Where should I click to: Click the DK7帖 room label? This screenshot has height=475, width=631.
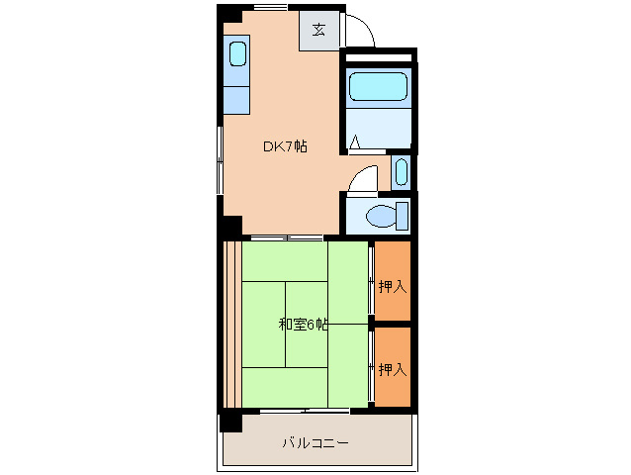pos(284,146)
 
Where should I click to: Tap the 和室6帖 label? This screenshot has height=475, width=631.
pos(302,325)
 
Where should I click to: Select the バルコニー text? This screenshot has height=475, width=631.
pos(315,442)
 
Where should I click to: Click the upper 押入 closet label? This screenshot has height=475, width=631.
pos(392,287)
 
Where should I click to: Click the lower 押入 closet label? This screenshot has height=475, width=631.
pos(392,369)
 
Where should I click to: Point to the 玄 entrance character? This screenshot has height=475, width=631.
pos(318,29)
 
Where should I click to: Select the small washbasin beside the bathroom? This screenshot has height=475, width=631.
pos(400,172)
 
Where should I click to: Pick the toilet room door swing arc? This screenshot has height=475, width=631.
pos(364,178)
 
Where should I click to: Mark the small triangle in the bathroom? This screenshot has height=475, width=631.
pos(355,143)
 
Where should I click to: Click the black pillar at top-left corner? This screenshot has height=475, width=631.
pos(228,14)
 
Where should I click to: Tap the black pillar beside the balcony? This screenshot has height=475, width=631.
pos(230,421)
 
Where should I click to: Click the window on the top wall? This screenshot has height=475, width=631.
pos(269,8)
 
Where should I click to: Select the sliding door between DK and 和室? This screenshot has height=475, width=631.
pos(286,237)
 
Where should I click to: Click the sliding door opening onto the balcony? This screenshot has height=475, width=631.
pos(306,410)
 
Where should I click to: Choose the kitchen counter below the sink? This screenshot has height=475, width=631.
pos(236,99)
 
